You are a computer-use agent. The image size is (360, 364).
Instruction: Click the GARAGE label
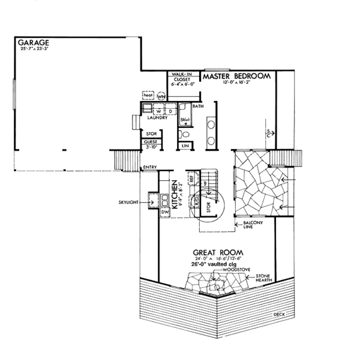tap(34, 43)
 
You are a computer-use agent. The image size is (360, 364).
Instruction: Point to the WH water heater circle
tap(161, 96)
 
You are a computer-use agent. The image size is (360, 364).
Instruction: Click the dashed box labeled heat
tap(148, 95)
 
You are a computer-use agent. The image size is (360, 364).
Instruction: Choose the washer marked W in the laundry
tap(158, 111)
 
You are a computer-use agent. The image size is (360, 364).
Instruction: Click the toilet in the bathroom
tap(185, 133)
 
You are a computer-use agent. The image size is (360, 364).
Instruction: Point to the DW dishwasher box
tap(166, 211)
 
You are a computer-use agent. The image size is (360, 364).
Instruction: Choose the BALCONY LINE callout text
tap(252, 225)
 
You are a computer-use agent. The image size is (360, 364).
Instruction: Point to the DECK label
tap(278, 314)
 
